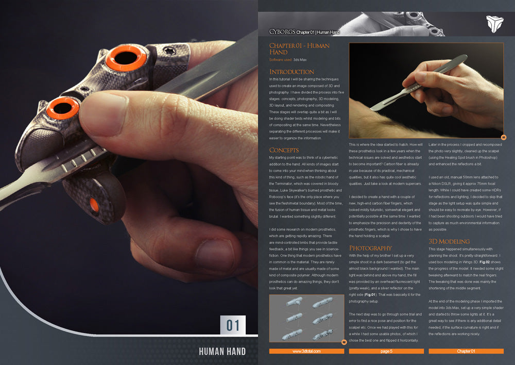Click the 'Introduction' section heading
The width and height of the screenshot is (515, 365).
pos(291,72)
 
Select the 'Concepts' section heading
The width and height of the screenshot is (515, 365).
pos(284,150)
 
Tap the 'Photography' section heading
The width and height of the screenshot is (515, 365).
pos(370,248)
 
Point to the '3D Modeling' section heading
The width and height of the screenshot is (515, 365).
pos(449,241)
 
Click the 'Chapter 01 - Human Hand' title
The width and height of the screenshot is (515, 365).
pos(299,49)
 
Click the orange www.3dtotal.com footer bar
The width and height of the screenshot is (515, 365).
pos(306,351)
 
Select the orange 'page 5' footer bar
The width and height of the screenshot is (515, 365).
pos(386,351)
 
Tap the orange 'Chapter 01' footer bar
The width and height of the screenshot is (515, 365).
pos(466,351)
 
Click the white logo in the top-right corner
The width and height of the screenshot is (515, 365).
pos(494,24)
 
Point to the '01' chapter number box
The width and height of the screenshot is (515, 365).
pos(233,325)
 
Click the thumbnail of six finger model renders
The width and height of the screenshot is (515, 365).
pos(306,318)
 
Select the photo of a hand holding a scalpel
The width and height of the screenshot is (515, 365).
pos(426,87)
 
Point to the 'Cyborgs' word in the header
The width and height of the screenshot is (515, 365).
pos(282,32)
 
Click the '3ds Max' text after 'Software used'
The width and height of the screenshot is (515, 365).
pos(300,60)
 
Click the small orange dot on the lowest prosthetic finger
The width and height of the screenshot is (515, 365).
pos(94,204)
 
